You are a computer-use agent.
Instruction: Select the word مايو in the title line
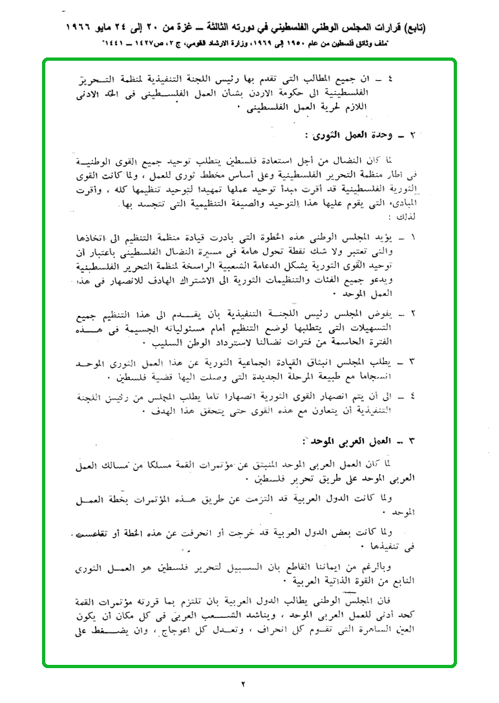122,29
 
